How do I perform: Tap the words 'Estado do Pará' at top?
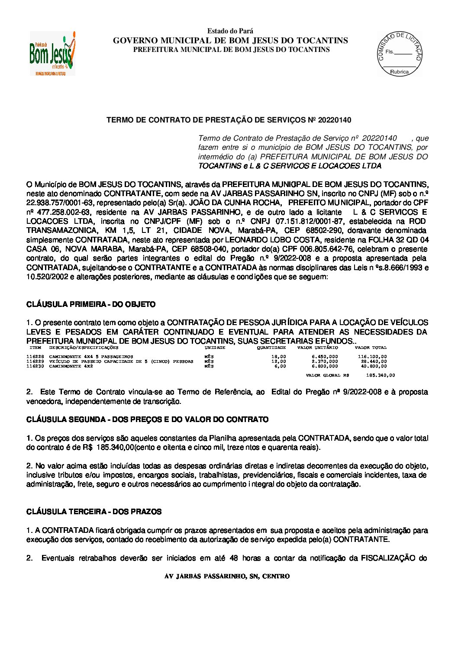click(x=230, y=31)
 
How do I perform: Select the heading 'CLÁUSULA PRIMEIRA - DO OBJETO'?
click(x=91, y=304)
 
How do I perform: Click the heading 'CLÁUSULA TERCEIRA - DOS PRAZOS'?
click(x=94, y=512)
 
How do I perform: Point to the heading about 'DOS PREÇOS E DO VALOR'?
click(x=147, y=419)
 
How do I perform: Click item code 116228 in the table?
click(x=35, y=356)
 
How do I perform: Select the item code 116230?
click(x=35, y=366)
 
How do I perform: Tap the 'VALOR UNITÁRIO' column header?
click(x=318, y=348)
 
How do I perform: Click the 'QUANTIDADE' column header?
click(x=271, y=348)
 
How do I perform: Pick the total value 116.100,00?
click(x=372, y=356)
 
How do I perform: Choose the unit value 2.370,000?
click(x=325, y=361)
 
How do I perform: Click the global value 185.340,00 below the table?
click(x=381, y=375)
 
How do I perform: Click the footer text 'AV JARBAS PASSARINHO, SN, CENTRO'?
click(x=227, y=576)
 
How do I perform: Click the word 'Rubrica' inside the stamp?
click(x=399, y=72)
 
